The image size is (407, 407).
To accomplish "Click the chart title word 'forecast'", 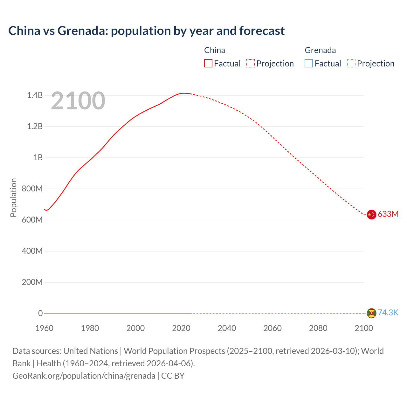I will (x=262, y=31).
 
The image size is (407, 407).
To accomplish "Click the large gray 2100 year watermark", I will (x=78, y=101).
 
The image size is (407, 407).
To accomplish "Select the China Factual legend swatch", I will (x=208, y=64).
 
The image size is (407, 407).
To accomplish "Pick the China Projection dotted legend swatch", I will (x=251, y=64).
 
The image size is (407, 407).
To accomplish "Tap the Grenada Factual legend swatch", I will (x=309, y=64).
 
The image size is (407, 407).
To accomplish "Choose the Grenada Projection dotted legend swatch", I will (x=351, y=64).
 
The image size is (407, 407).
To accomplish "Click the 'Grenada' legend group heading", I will (x=320, y=50).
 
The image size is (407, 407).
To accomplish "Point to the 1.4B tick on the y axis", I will (x=35, y=95).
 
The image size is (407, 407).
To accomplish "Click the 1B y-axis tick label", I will (x=38, y=157).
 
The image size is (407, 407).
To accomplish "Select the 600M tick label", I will (x=32, y=220).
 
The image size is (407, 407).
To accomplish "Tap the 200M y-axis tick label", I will (x=32, y=282).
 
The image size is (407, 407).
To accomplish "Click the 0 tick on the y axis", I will (x=40, y=313).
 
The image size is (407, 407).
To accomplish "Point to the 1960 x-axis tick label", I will (x=44, y=328).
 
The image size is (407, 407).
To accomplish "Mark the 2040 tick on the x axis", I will (x=227, y=328).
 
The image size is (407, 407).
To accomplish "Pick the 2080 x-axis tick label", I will (x=318, y=328).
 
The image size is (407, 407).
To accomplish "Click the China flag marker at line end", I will (x=371, y=215).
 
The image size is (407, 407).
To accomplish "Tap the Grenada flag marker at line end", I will (x=371, y=313).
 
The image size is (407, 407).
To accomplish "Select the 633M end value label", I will (x=388, y=214).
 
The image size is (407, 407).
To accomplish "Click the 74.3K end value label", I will (x=388, y=313).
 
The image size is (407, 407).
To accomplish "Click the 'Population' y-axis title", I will (x=13, y=197).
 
